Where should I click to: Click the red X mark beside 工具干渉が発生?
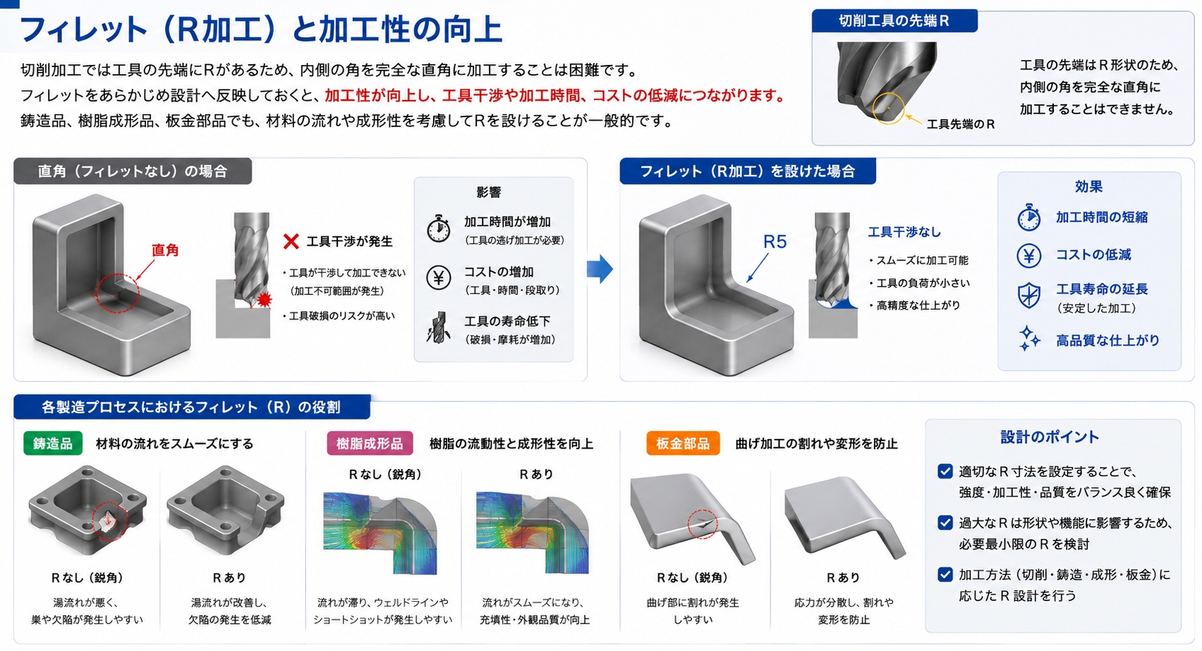tap(291, 241)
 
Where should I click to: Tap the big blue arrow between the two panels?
tap(600, 268)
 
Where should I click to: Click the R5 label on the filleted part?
tap(775, 242)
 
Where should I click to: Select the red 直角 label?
tap(165, 250)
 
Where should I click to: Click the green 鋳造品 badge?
tap(53, 444)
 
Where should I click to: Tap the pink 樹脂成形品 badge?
tap(370, 444)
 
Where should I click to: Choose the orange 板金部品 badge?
tap(683, 444)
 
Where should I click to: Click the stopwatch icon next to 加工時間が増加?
tap(439, 229)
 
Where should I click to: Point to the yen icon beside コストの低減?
tap(1028, 255)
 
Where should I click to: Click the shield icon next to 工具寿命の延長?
tap(1028, 296)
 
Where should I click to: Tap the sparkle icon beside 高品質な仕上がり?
tap(1028, 339)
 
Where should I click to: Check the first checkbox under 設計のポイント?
tap(945, 471)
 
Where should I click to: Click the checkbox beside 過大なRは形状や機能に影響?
tap(945, 523)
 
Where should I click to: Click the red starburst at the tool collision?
tap(264, 300)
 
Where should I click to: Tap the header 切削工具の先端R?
tap(894, 21)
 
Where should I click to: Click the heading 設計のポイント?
tap(1050, 437)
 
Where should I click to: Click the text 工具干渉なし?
tap(904, 232)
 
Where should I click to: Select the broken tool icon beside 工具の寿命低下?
tap(439, 327)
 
